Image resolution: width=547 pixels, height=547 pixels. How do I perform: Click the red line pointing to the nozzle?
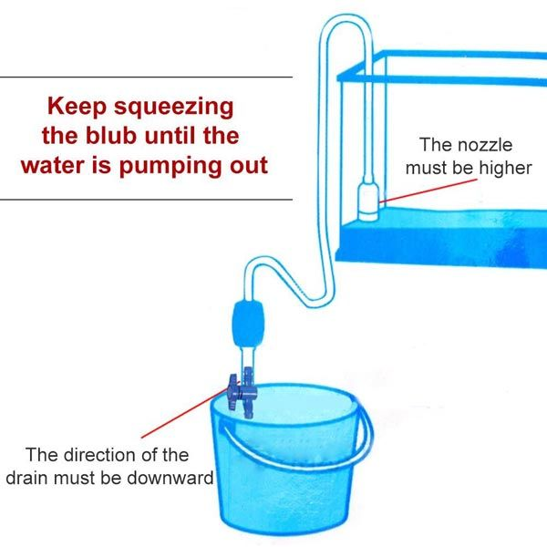pyautogui.click(x=428, y=188)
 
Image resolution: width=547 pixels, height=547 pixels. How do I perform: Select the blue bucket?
pyautogui.click(x=282, y=465)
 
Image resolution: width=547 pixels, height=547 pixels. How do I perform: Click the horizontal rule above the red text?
pyautogui.click(x=146, y=77)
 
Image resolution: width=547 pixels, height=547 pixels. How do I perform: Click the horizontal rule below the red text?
pyautogui.click(x=146, y=199)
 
